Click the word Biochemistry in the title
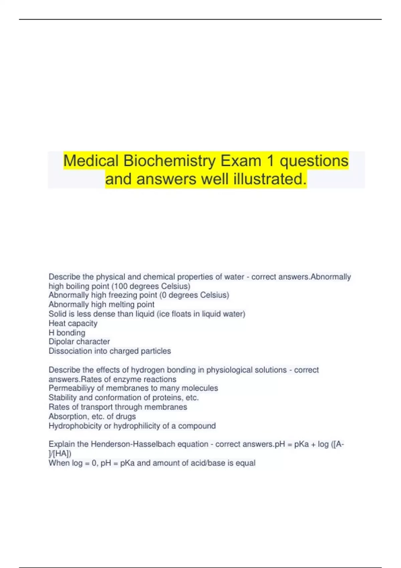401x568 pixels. coord(169,161)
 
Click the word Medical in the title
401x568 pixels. coord(91,161)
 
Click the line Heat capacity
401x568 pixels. coord(73,323)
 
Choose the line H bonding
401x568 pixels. coord(67,333)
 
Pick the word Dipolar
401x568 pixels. coord(61,342)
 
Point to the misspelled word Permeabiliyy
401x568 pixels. coord(71,388)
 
